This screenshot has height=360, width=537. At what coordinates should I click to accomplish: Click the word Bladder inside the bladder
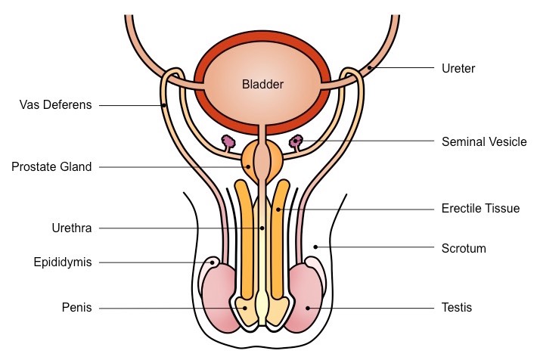point(263,85)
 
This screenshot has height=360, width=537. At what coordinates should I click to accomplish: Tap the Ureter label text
point(458,69)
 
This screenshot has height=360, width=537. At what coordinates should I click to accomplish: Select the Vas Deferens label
point(56,105)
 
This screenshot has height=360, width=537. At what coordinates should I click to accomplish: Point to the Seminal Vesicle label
point(483,141)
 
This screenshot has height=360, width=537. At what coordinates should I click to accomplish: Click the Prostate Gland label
point(51,167)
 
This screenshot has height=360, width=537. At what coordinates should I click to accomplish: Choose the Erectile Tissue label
point(480,208)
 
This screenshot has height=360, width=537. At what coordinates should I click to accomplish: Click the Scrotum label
point(463,247)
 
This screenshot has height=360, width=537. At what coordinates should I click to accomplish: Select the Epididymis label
point(62,262)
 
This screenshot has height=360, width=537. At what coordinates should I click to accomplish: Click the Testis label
point(456,308)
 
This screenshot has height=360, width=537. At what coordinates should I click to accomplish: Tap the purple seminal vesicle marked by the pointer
point(296,141)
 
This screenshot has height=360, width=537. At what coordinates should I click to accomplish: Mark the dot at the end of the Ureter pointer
point(369,70)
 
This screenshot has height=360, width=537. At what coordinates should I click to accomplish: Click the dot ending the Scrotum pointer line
point(316,247)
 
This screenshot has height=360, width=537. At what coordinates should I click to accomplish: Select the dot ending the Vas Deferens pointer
point(164,106)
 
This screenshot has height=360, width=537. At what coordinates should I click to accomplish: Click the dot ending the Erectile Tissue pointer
point(278,208)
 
